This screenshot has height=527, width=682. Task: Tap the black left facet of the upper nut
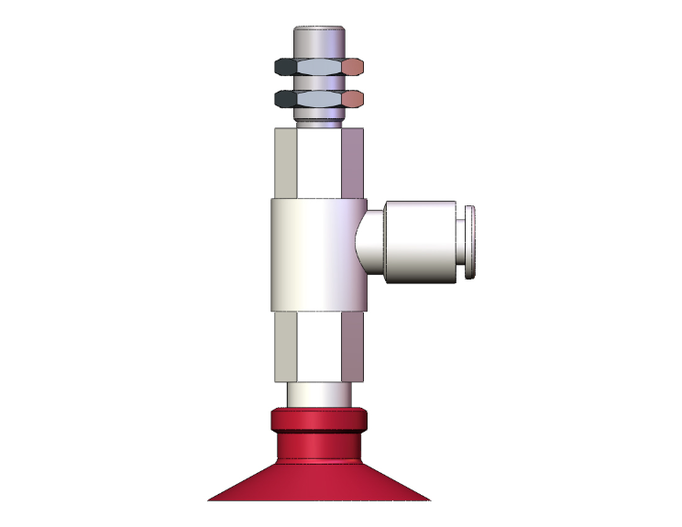click(x=285, y=67)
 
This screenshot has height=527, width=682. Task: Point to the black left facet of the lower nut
click(x=285, y=97)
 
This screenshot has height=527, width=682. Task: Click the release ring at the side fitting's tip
click(x=470, y=243)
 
